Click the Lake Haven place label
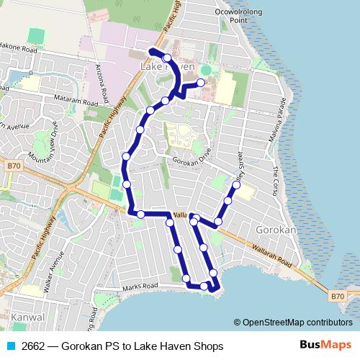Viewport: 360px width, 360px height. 167,67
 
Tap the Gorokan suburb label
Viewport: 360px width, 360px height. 276,230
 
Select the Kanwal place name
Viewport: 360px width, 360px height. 28,317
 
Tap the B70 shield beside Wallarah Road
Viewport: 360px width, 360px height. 338,295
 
